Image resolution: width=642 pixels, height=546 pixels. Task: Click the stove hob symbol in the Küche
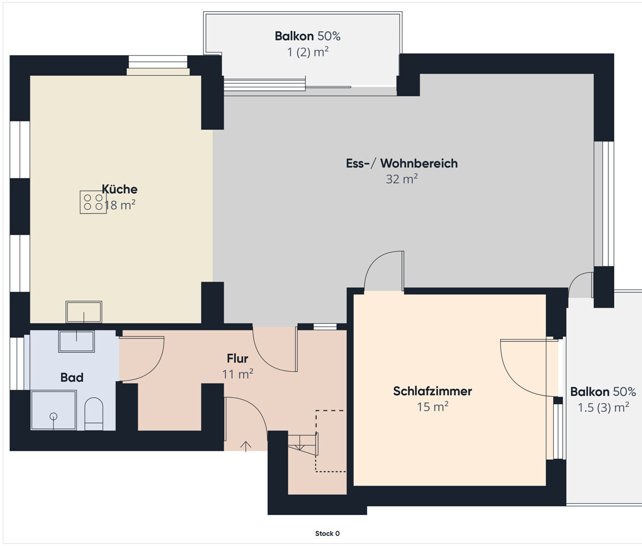93,202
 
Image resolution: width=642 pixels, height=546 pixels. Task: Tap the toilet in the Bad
94,414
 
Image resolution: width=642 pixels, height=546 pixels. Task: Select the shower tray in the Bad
53,410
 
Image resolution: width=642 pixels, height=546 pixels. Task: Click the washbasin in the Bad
77,341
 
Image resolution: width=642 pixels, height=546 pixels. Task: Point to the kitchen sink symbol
84,312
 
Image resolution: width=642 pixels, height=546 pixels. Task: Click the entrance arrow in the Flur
246,447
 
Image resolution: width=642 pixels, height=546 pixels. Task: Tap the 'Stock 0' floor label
327,534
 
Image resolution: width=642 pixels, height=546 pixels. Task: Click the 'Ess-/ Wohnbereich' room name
402,163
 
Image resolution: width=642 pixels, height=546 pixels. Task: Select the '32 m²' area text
402,179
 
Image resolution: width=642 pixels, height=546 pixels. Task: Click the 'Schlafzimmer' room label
432,391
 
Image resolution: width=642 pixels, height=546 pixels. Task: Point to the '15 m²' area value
432,406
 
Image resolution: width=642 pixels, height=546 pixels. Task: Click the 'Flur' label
238,358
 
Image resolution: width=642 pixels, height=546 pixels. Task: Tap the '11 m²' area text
238,374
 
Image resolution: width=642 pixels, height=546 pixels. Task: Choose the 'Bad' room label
72,378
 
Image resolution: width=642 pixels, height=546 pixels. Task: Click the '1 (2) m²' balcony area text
308,52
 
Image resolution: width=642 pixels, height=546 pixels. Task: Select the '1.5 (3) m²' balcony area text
603,407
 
